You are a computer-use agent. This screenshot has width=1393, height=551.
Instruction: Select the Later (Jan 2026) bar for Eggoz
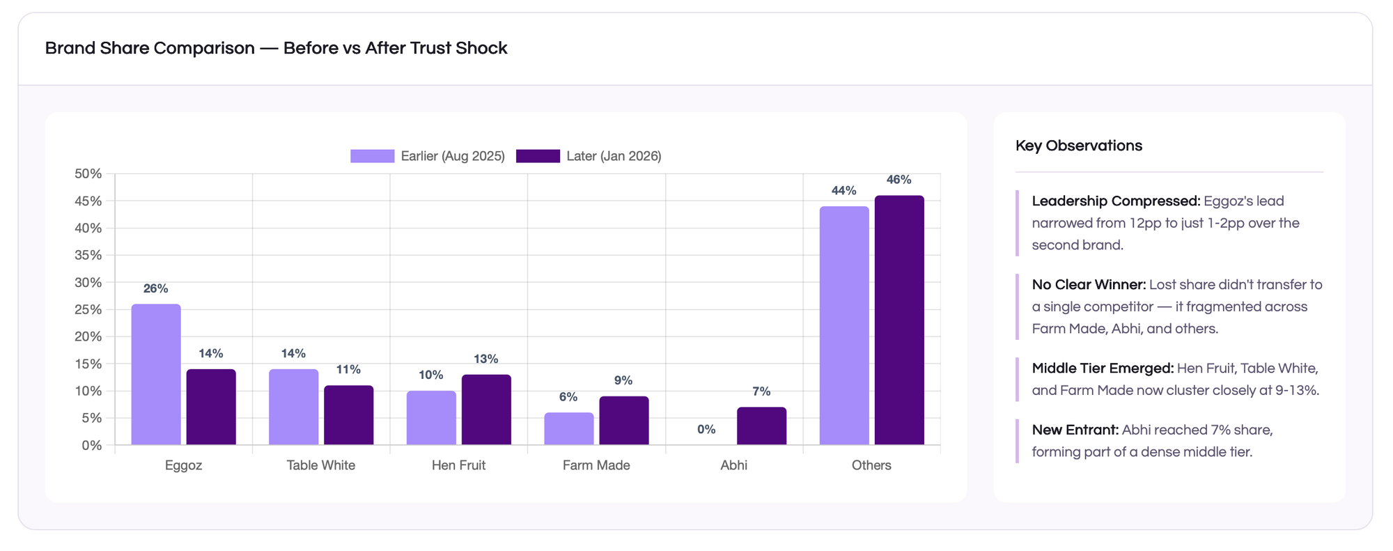tap(211, 407)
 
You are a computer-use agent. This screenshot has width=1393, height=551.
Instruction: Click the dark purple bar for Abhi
tap(761, 426)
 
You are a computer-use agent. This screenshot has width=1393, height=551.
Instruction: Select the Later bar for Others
tap(899, 320)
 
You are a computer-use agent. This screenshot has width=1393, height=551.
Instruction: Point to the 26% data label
tap(156, 288)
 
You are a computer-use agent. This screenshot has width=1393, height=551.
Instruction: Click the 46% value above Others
tap(898, 180)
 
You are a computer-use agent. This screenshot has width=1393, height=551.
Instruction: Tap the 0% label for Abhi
tap(706, 429)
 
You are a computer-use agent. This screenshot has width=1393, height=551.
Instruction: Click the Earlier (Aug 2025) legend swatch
tap(372, 156)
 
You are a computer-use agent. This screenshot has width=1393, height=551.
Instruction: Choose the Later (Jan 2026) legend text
tap(614, 156)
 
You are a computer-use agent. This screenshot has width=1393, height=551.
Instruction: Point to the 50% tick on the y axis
tap(88, 173)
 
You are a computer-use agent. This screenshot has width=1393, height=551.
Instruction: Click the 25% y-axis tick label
tap(88, 309)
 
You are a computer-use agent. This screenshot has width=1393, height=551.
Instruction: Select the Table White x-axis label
tap(321, 465)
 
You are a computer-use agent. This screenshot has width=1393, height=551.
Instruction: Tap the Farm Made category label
tap(596, 465)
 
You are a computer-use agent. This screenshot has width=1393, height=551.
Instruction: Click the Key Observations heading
tap(1078, 146)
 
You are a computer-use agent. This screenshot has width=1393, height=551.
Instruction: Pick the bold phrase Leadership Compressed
tap(1116, 201)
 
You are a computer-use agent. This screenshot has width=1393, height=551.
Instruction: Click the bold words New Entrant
tap(1075, 430)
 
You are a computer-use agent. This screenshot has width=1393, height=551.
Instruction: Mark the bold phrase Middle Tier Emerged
tap(1103, 368)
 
